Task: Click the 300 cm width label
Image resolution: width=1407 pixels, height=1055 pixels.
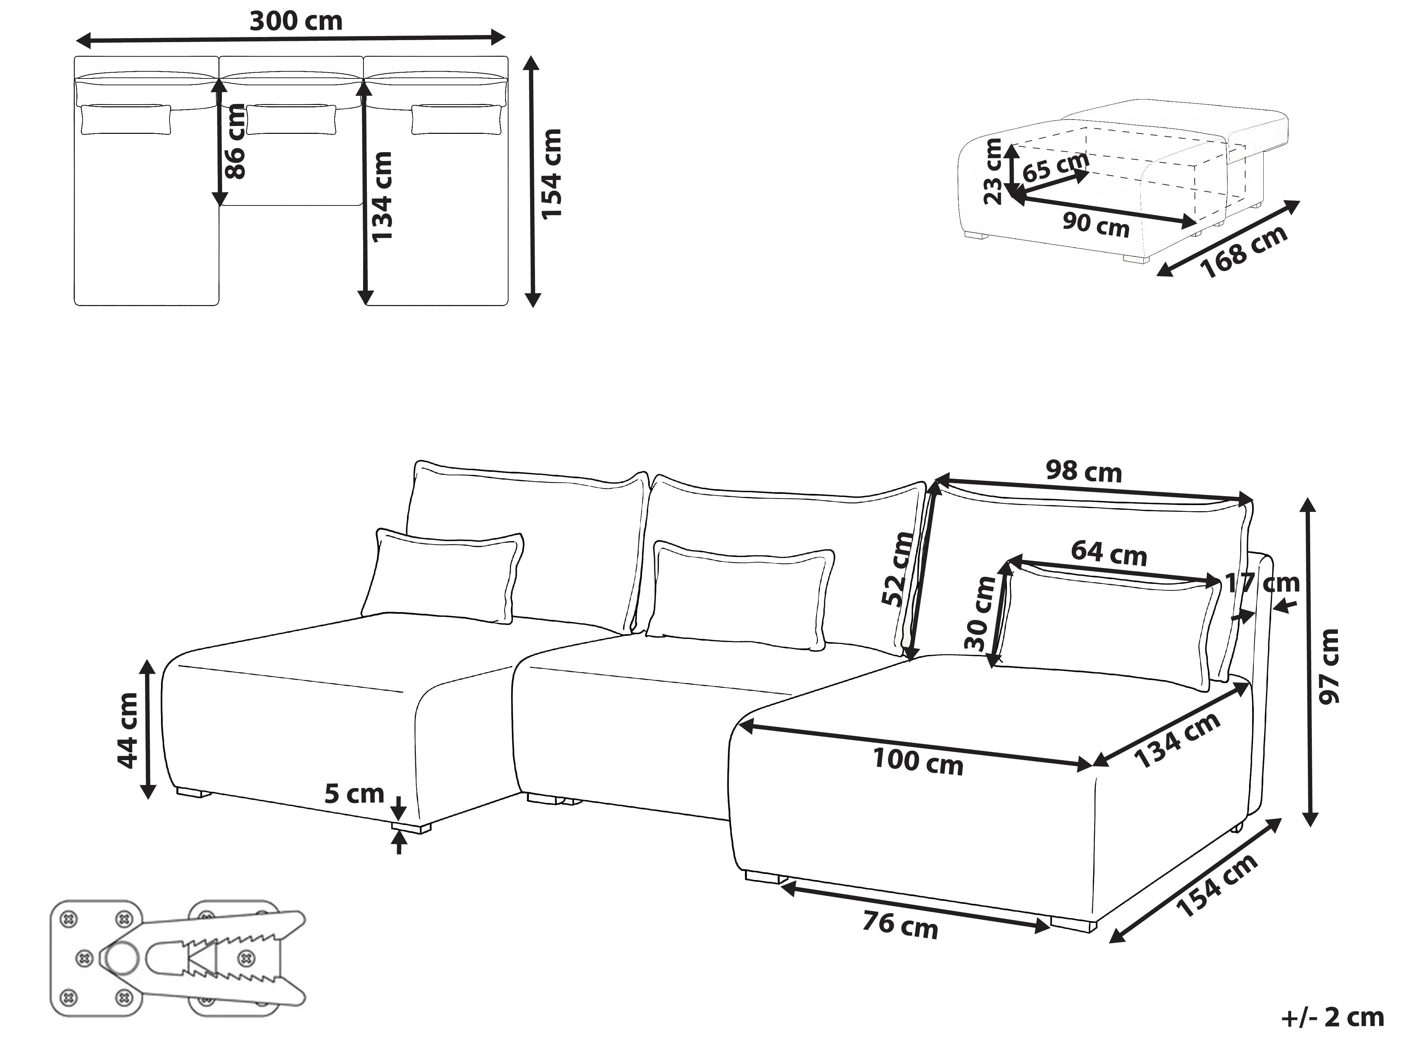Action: click(296, 21)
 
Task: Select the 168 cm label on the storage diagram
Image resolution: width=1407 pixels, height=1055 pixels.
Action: click(1244, 251)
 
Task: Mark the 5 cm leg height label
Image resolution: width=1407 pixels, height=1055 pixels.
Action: click(354, 794)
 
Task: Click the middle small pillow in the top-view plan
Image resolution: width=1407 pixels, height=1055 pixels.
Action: click(291, 120)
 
